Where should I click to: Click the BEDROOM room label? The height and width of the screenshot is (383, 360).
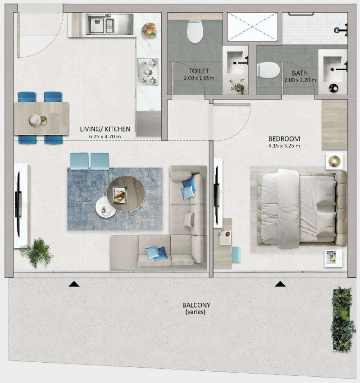click(284, 139)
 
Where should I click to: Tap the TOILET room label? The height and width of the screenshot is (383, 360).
click(199, 71)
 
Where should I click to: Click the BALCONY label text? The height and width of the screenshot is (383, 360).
click(196, 305)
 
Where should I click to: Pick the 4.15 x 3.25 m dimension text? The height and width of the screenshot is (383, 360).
click(284, 146)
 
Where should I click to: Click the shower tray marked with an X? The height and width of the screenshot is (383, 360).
click(252, 27)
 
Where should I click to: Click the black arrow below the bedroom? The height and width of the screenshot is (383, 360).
click(280, 284)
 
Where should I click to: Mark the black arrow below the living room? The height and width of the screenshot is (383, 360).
click(74, 284)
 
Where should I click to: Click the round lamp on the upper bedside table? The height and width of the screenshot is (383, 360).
click(333, 161)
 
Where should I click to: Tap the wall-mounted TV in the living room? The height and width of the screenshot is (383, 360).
click(18, 205)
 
